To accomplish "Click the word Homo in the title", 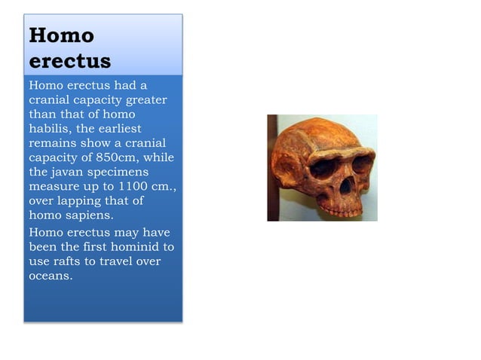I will click(x=61, y=35).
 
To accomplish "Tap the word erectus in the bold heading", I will click(x=70, y=60).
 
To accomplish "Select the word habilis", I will click(x=49, y=128).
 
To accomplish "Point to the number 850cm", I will click(x=119, y=157).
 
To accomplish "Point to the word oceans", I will click(x=51, y=275).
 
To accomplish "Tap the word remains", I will click(x=53, y=143).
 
